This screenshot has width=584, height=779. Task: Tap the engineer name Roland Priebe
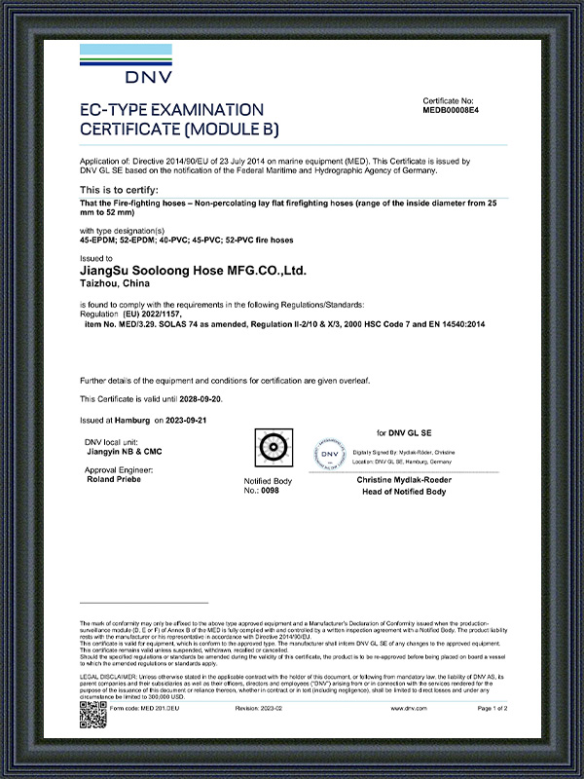(114, 480)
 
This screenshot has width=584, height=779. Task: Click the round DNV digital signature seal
(332, 455)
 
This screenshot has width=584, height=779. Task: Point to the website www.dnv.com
(408, 710)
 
